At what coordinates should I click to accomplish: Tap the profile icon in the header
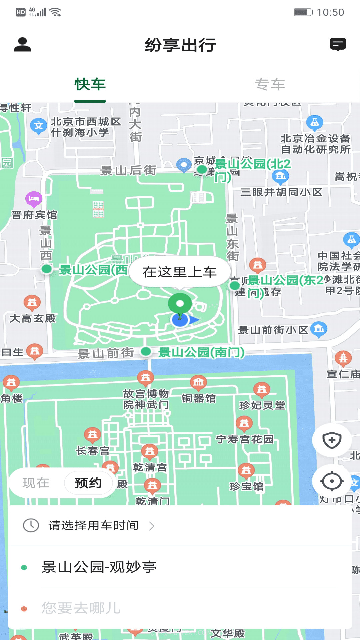(x=22, y=45)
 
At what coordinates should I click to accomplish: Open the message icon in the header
(x=338, y=44)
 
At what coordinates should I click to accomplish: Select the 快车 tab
(x=90, y=84)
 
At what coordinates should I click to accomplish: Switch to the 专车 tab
(x=270, y=84)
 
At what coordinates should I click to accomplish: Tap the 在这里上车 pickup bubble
(x=180, y=272)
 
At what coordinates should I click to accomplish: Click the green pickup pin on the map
(x=180, y=303)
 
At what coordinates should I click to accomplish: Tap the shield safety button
(x=332, y=440)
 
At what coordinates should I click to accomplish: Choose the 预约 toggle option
(x=88, y=483)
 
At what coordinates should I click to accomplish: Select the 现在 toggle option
(x=36, y=483)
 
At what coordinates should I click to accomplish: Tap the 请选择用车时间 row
(x=93, y=525)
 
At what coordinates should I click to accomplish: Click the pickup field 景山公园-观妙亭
(x=99, y=567)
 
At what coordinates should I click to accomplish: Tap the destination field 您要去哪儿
(x=81, y=608)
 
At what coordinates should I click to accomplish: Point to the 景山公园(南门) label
(x=201, y=352)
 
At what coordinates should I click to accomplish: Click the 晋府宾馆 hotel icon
(x=34, y=199)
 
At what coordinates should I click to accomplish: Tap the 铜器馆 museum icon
(x=198, y=382)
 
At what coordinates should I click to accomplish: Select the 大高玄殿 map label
(x=33, y=318)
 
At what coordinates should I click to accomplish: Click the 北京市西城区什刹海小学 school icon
(x=38, y=126)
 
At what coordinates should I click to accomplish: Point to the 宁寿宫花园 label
(x=245, y=439)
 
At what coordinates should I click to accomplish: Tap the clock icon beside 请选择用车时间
(x=31, y=525)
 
